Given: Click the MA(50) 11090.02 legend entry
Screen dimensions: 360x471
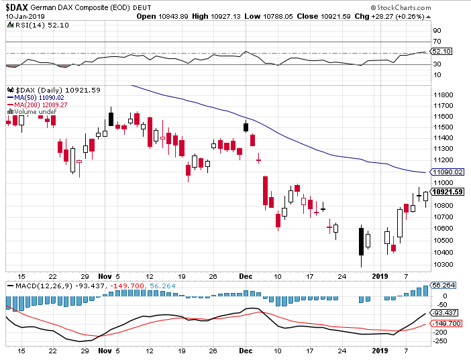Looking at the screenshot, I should (38, 98).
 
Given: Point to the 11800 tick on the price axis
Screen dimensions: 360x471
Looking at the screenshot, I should (442, 95).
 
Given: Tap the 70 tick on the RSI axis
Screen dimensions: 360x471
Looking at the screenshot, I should (437, 42).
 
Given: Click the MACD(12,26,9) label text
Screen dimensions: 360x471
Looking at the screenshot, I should (34, 285).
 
